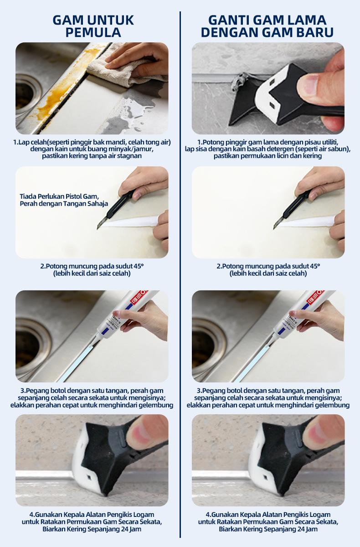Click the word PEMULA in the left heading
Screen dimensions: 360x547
pyautogui.click(x=93, y=32)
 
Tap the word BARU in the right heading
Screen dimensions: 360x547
pyautogui.click(x=314, y=32)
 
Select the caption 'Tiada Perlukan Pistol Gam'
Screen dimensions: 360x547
pyautogui.click(x=59, y=196)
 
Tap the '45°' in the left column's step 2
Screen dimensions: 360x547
pyautogui.click(x=139, y=266)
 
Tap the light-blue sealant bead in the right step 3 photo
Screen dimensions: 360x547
pyautogui.click(x=252, y=364)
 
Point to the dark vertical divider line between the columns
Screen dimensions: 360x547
pyautogui.click(x=180, y=274)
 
